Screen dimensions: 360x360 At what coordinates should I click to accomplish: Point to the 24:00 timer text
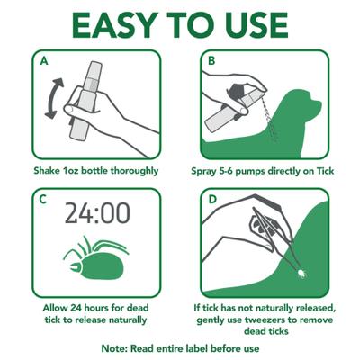[98, 214]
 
